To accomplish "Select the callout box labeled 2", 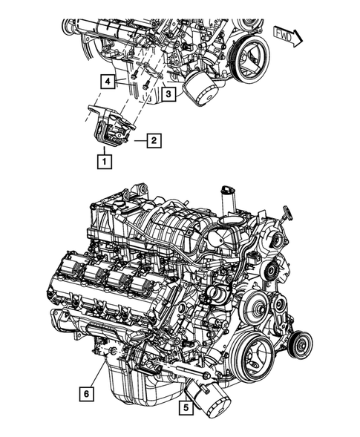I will click(152, 139).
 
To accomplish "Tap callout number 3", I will click(168, 95).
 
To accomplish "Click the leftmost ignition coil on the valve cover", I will click(72, 270).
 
